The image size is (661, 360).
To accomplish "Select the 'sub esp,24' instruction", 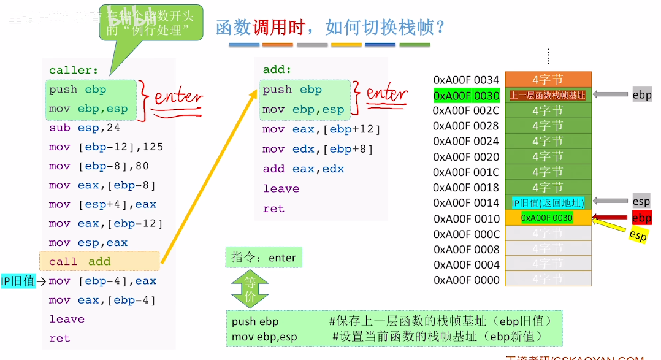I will tap(85, 128).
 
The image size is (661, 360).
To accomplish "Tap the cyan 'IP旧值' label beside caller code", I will tap(18, 281).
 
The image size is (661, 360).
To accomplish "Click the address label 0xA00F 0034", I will tap(466, 80).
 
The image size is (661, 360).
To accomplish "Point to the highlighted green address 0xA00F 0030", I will tap(466, 96).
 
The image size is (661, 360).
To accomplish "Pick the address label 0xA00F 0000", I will tap(466, 280).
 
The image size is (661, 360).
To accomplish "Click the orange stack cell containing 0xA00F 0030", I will tap(548, 218).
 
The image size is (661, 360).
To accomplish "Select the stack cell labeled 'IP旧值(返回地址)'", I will tap(548, 202).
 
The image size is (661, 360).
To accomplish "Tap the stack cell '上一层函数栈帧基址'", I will tap(548, 95).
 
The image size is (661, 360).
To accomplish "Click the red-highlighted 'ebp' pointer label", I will tap(641, 218).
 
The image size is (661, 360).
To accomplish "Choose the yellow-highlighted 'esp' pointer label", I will tap(638, 235).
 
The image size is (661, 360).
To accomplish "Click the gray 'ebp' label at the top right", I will tap(642, 94).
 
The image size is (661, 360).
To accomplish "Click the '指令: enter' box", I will tap(264, 258).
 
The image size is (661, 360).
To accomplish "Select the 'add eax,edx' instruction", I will tap(304, 169).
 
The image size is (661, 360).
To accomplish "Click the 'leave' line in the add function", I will tap(281, 188).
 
